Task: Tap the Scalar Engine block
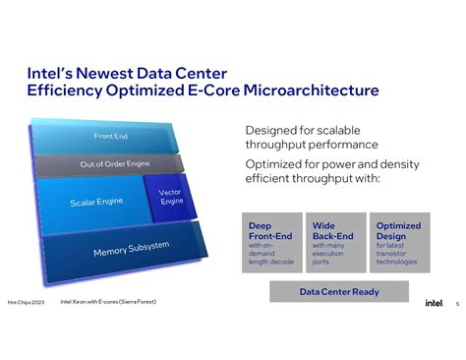coord(94,203)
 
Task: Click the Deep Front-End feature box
coord(270,241)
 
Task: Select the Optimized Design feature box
coord(399,241)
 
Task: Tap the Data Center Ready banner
coord(338,292)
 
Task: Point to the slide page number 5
coord(457,303)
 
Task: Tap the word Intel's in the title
coord(48,72)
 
